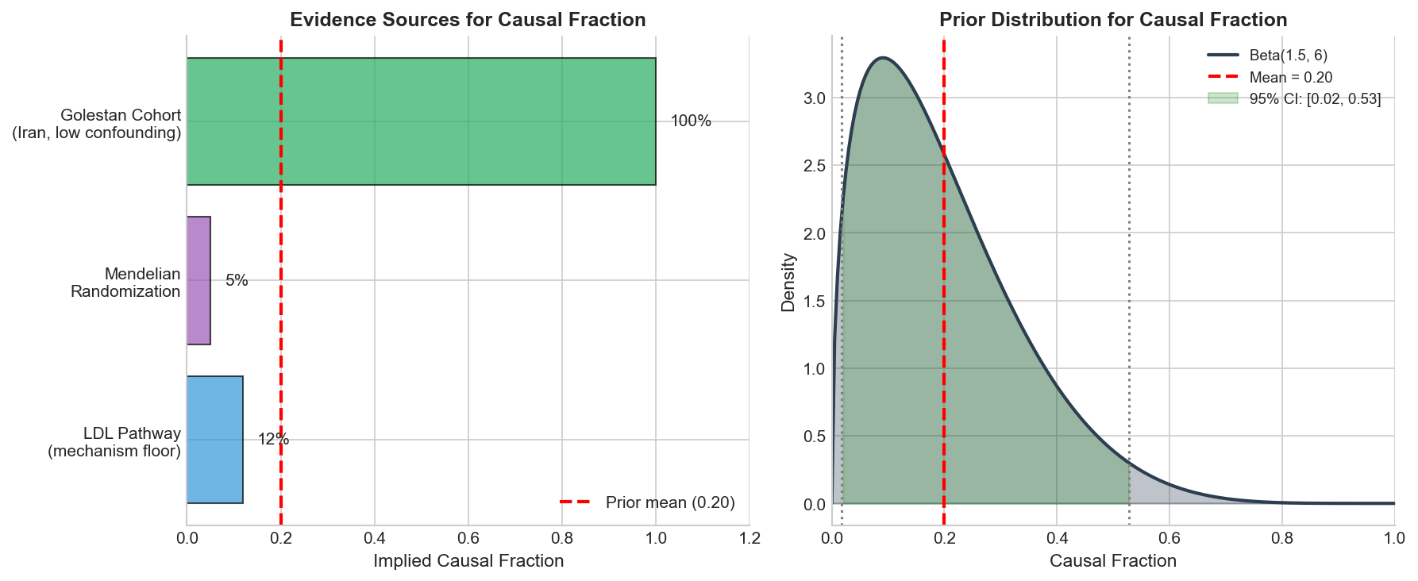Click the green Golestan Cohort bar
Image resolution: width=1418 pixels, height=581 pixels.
pyautogui.click(x=421, y=121)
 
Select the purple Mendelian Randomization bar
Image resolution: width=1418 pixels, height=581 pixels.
pyautogui.click(x=198, y=281)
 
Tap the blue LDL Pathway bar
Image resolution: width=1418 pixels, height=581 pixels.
pyautogui.click(x=214, y=440)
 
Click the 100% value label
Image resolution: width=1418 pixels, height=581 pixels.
pyautogui.click(x=691, y=121)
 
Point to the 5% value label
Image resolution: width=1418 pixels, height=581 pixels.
pyautogui.click(x=237, y=281)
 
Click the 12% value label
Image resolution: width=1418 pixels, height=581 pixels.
pyautogui.click(x=273, y=440)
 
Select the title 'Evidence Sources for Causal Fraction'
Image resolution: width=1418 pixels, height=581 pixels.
pyautogui.click(x=468, y=20)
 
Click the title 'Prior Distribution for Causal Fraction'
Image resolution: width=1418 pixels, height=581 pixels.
pyautogui.click(x=1113, y=20)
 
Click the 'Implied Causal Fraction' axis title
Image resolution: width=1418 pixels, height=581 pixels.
pyautogui.click(x=468, y=561)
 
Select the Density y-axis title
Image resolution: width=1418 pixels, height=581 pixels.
pyautogui.click(x=788, y=282)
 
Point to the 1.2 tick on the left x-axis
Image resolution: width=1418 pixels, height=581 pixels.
pyautogui.click(x=749, y=539)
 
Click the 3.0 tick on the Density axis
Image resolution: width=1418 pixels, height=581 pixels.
pyautogui.click(x=815, y=98)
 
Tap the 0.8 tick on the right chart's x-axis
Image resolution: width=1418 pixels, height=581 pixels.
pyautogui.click(x=1281, y=539)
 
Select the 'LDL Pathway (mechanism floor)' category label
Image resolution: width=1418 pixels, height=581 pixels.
pyautogui.click(x=114, y=442)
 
